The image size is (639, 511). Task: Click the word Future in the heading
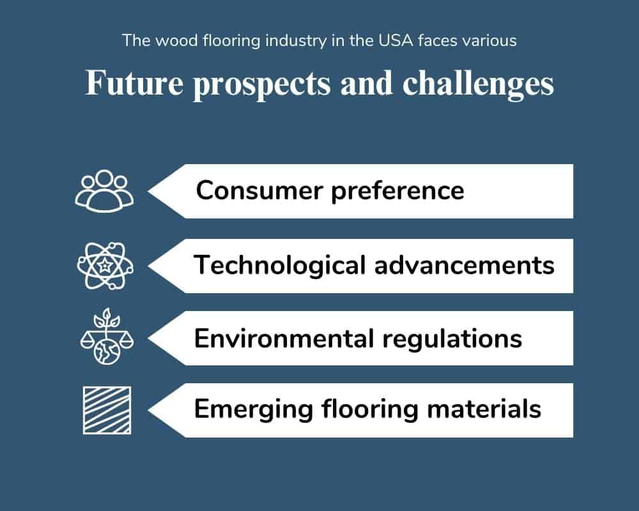click(x=134, y=83)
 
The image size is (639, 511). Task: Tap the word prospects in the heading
click(x=261, y=85)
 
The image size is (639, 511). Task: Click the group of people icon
click(x=104, y=191)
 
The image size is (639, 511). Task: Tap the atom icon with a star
click(x=105, y=266)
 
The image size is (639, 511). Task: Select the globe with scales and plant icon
click(x=107, y=337)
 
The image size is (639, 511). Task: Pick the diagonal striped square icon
click(x=107, y=410)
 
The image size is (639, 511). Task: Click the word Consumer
click(x=259, y=190)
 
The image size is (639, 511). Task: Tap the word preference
click(x=397, y=192)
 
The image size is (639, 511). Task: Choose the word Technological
click(x=280, y=265)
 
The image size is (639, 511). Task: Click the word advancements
click(x=464, y=265)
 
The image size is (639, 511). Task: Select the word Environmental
click(x=284, y=339)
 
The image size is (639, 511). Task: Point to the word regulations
click(x=452, y=339)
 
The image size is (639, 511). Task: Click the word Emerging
click(x=254, y=409)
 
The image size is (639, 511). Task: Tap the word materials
click(x=484, y=409)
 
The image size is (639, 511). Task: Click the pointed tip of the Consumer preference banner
click(x=148, y=191)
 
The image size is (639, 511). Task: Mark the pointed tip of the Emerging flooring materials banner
click(x=148, y=410)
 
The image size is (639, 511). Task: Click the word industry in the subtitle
click(x=296, y=41)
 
